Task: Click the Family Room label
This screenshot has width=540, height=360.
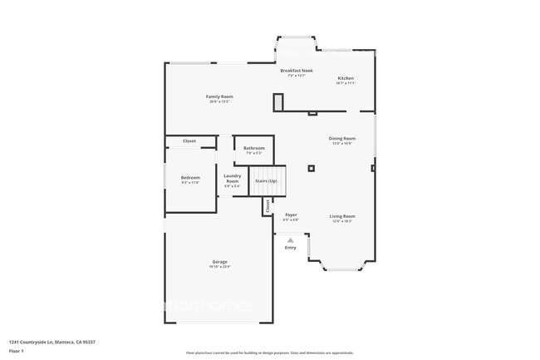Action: (x=219, y=96)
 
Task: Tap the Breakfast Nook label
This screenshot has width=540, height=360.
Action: (x=296, y=71)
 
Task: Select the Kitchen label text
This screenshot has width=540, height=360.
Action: (x=346, y=78)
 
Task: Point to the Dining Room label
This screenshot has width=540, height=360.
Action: (x=342, y=138)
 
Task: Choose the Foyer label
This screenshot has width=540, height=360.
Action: (x=291, y=215)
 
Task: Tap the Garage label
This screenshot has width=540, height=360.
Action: (x=219, y=262)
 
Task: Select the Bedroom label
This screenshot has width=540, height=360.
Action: (x=190, y=177)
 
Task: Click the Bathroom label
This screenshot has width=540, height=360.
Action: (x=254, y=148)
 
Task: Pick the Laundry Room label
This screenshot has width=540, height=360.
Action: (x=233, y=178)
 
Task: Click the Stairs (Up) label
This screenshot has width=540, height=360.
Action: (x=266, y=180)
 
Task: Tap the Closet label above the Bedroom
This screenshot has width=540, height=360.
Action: (x=189, y=141)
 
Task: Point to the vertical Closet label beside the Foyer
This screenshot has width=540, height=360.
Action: (x=268, y=206)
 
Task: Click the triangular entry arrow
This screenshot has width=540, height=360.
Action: (x=290, y=239)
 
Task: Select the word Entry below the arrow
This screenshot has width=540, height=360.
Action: (x=290, y=248)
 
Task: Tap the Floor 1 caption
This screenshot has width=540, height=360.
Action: (x=17, y=351)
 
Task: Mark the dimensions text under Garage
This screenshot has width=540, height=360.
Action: (x=219, y=267)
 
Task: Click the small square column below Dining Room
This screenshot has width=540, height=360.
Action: (x=311, y=168)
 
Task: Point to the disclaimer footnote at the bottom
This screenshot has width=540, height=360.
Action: (x=269, y=353)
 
